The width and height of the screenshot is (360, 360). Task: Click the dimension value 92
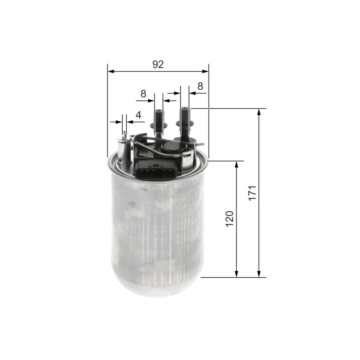[x=158, y=65]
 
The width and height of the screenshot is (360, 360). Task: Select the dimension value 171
[x=252, y=193]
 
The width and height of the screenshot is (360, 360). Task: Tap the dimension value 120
[x=229, y=219]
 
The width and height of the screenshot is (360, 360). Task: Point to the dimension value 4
[x=138, y=115]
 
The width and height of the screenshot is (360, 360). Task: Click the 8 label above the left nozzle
[x=143, y=94]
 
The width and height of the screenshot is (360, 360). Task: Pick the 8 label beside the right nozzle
[x=200, y=86]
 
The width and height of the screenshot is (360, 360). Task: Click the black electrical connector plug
[x=157, y=170]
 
